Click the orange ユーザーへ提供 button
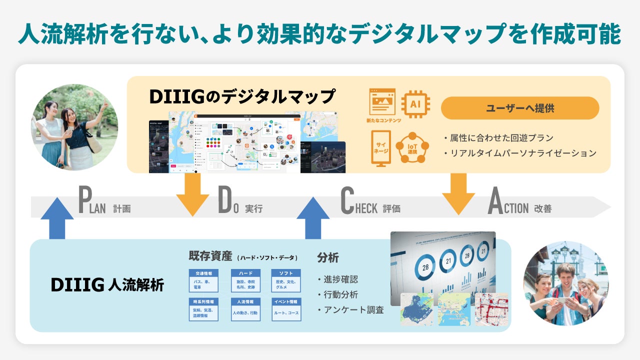(x=519, y=108)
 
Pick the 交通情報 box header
(x=203, y=273)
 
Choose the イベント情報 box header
(x=286, y=302)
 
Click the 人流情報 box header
(x=245, y=302)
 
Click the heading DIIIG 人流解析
(x=107, y=284)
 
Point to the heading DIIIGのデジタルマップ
(x=242, y=96)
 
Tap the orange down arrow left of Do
(x=192, y=194)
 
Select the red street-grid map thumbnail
(x=491, y=310)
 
